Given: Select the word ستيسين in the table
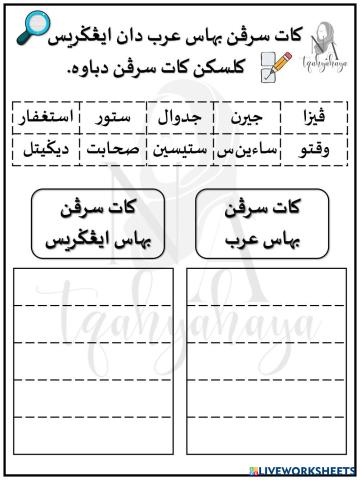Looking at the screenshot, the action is pyautogui.click(x=180, y=150).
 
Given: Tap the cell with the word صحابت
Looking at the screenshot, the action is pyautogui.click(x=117, y=150).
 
